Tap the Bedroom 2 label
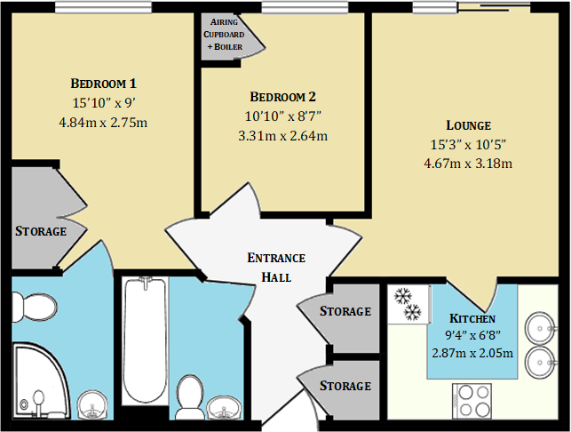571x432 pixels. (x=282, y=97)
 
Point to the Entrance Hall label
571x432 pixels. (x=275, y=267)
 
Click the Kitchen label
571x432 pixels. (x=472, y=318)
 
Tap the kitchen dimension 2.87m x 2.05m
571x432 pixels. (x=472, y=353)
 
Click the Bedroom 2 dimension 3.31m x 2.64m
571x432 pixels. (x=282, y=136)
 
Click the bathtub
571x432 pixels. (x=145, y=342)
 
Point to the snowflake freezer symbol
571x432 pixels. (x=408, y=304)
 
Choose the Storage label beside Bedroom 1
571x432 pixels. (x=41, y=231)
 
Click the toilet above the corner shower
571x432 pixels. (x=38, y=307)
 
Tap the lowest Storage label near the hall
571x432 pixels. (x=345, y=386)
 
